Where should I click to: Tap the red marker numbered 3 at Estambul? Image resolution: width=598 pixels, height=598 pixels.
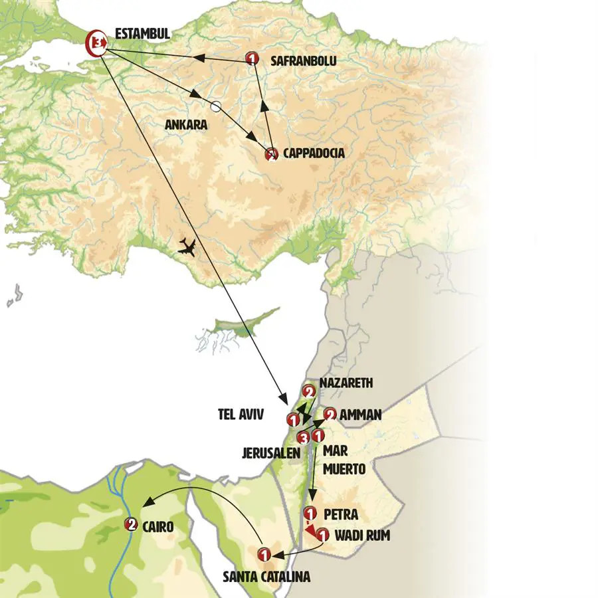[98, 43]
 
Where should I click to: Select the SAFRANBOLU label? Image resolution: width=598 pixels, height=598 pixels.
[304, 60]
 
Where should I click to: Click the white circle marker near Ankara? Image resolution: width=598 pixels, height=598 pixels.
[215, 106]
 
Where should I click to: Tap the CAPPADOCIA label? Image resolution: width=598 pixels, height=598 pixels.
[314, 153]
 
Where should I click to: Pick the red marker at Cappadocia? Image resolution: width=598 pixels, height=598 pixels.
[271, 154]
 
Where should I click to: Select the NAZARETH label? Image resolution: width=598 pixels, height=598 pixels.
[347, 383]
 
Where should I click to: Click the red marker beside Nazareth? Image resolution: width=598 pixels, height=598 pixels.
[308, 391]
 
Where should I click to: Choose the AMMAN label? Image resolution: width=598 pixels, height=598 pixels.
[360, 415]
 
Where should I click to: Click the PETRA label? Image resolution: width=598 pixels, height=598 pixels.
[342, 514]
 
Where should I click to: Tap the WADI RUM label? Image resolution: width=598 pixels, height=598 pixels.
[362, 534]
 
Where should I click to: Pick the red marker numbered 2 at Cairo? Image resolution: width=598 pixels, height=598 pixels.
[131, 525]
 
